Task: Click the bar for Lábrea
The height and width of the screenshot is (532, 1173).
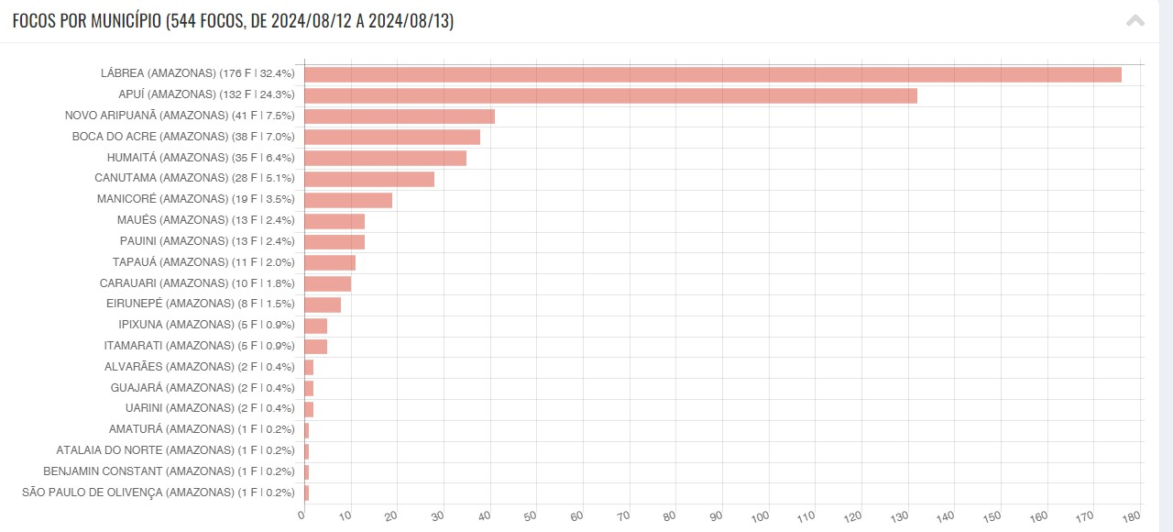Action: pyautogui.click(x=712, y=74)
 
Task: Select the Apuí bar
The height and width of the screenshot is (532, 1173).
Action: pyautogui.click(x=610, y=95)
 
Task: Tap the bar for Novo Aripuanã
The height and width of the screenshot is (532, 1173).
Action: pyautogui.click(x=400, y=116)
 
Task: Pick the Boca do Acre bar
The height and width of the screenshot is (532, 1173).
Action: pyautogui.click(x=392, y=137)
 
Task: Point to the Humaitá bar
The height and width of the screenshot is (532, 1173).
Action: pyautogui.click(x=385, y=158)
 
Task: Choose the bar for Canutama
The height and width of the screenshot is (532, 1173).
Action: pyautogui.click(x=369, y=179)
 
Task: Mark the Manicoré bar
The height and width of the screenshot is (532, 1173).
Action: pyautogui.click(x=348, y=200)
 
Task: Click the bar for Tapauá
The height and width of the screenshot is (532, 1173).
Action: pyautogui.click(x=330, y=262)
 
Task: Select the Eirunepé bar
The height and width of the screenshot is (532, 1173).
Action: pyautogui.click(x=323, y=305)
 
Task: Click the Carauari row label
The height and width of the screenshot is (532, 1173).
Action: pyautogui.click(x=197, y=283)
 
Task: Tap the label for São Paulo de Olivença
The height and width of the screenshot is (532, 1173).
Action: pyautogui.click(x=158, y=493)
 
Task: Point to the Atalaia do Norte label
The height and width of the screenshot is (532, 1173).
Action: pyautogui.click(x=175, y=450)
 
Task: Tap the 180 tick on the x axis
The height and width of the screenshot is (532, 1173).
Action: pyautogui.click(x=1133, y=515)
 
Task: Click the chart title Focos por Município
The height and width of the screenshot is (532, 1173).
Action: pyautogui.click(x=233, y=21)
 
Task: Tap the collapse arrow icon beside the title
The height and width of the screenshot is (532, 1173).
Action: pyautogui.click(x=1135, y=21)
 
